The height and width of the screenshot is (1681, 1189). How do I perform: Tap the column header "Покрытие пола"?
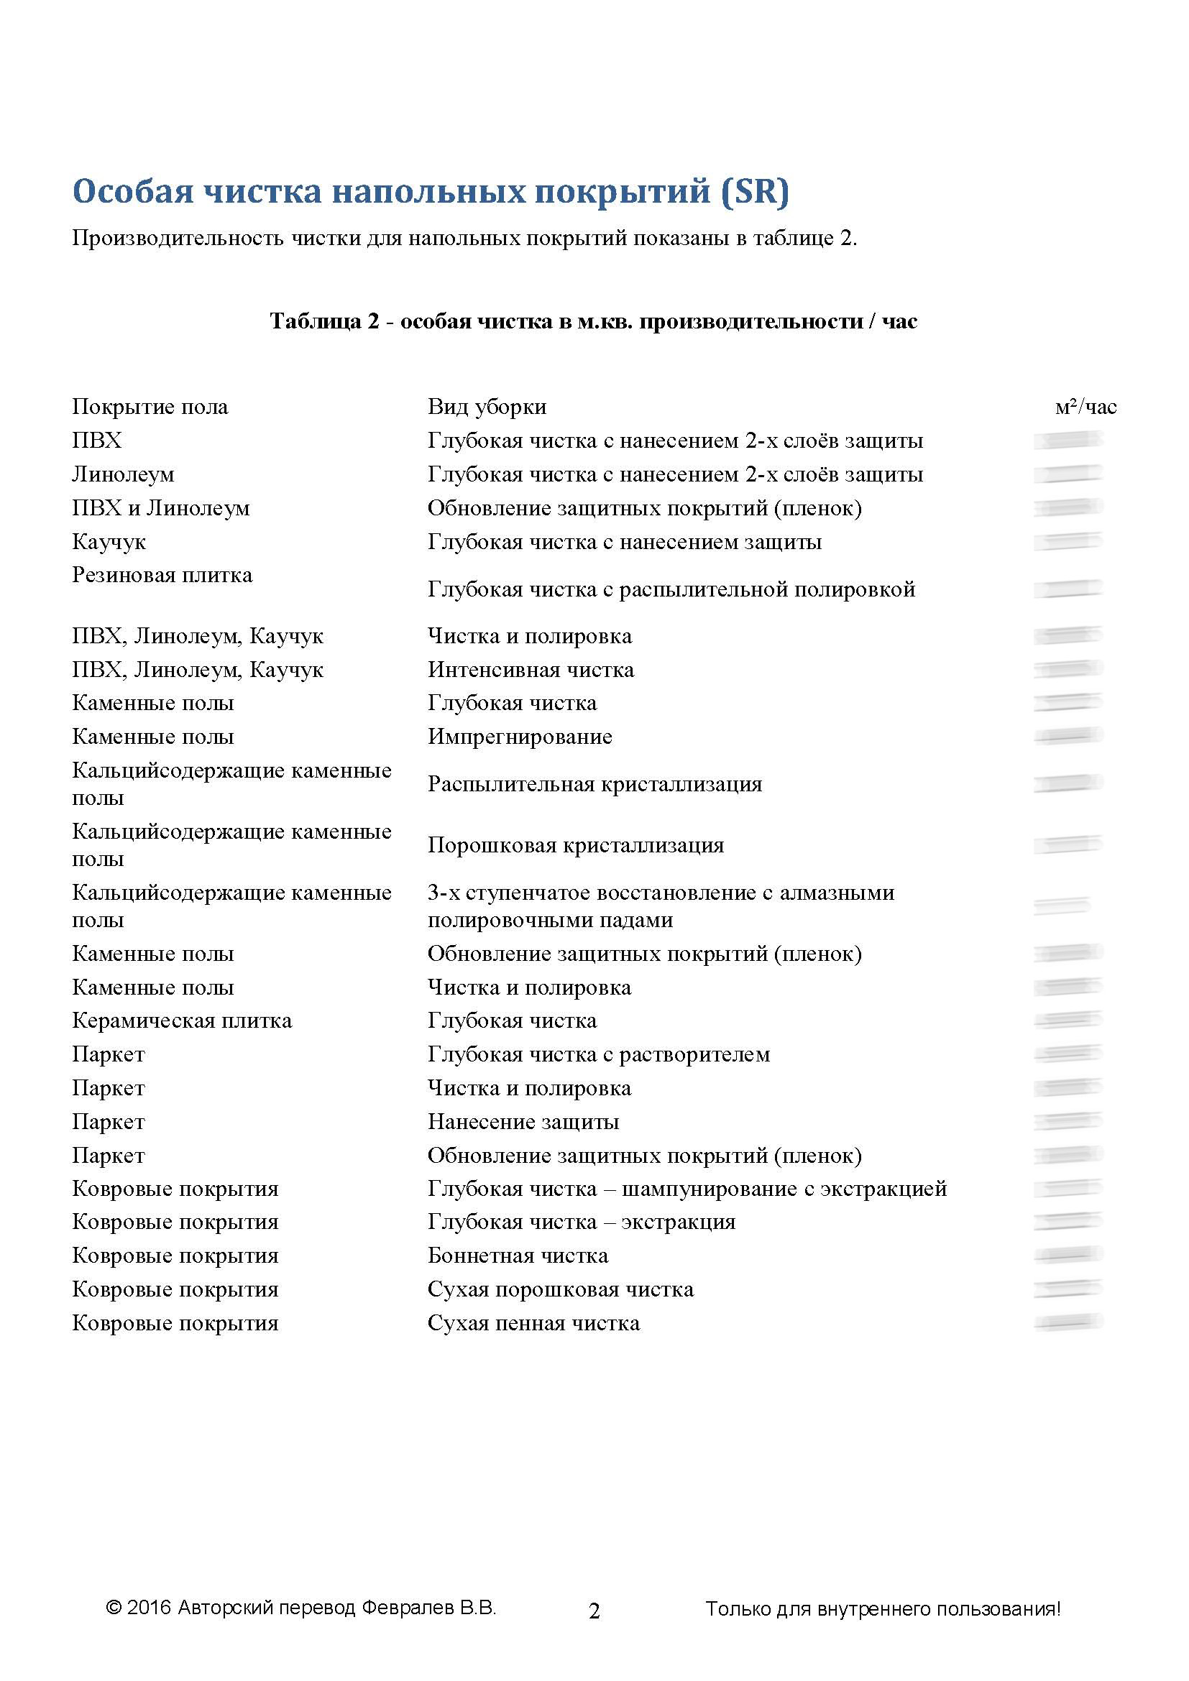150,406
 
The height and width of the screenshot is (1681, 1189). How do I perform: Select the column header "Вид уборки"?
487,406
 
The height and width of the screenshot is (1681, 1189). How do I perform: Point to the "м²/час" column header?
1085,406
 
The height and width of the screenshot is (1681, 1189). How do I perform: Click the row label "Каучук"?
109,542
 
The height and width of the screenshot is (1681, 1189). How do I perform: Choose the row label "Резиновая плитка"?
162,576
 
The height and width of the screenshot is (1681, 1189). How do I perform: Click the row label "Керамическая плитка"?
182,1021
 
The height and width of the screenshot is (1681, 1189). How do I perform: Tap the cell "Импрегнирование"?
520,737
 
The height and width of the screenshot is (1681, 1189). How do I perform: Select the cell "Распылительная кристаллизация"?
594,784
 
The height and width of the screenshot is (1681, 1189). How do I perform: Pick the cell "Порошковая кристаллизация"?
576,845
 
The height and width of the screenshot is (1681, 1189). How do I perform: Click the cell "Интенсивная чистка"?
531,669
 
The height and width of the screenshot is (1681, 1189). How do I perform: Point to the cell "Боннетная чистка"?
518,1256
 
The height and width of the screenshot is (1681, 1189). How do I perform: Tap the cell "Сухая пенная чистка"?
533,1323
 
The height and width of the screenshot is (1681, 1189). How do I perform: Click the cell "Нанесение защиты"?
523,1122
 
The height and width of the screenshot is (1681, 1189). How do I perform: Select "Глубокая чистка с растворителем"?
598,1054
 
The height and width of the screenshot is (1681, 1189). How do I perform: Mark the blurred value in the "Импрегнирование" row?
1068,736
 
